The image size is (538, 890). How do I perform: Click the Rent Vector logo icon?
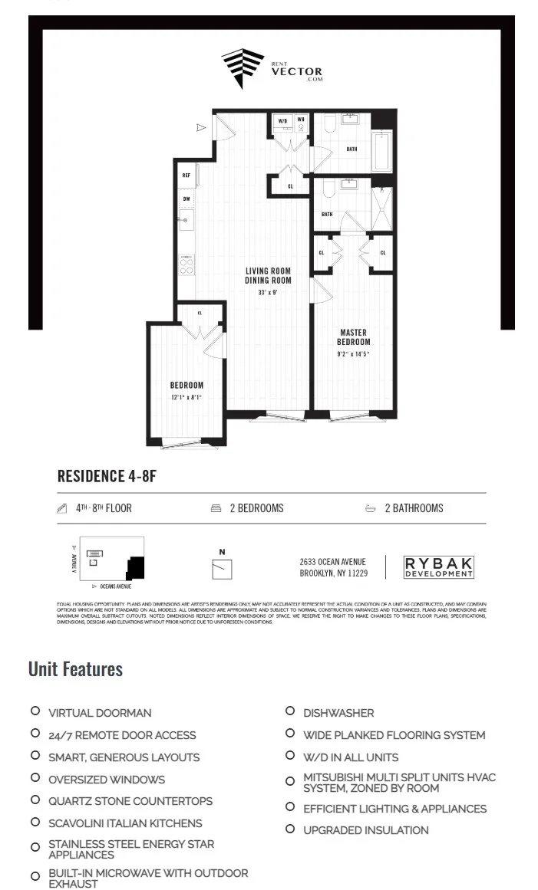243,68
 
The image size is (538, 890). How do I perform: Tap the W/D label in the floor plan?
282,121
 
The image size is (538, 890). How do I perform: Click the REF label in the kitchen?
186,176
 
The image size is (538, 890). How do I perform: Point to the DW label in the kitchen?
186,199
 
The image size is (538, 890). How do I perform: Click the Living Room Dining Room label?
268,276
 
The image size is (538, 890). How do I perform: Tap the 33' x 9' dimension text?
268,293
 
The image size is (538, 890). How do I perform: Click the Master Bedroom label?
354,337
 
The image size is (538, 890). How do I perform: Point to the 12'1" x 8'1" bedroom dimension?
186,398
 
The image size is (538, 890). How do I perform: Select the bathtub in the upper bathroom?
381,151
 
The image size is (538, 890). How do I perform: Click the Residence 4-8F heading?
107,476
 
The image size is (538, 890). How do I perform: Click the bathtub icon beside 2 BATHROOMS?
371,508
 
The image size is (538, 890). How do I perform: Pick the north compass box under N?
222,569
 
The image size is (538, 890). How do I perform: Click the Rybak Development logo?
439,567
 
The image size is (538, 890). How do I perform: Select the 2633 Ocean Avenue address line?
332,562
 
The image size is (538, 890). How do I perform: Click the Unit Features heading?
75,669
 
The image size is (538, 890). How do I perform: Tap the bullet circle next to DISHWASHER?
290,711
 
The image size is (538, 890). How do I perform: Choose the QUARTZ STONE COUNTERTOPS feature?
130,801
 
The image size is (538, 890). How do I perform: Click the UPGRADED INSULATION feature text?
365,830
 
